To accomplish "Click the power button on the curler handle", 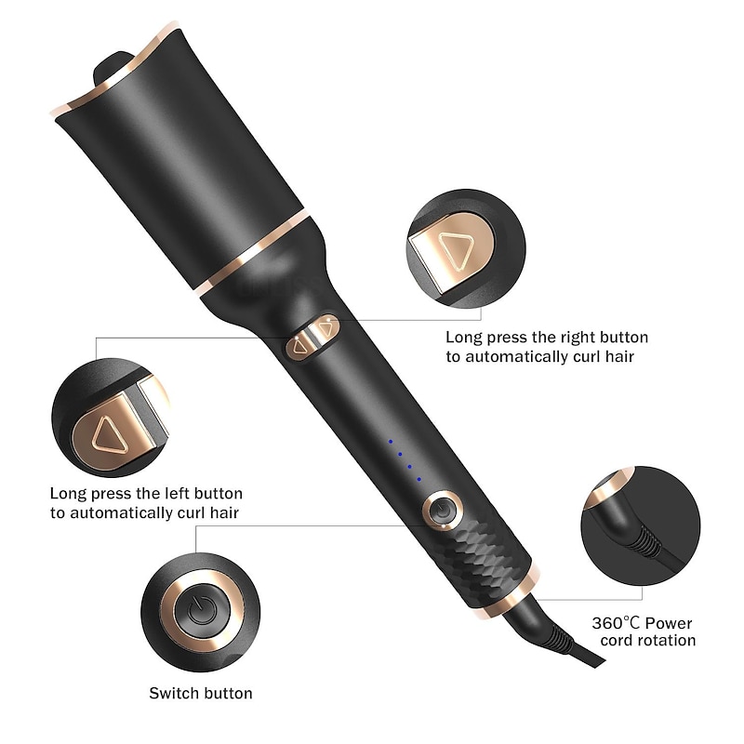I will point(443,510).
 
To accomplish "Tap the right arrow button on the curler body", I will point(325,326).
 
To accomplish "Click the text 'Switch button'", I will point(201,692).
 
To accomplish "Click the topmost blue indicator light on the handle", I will point(391,440).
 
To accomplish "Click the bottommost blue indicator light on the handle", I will point(418,479).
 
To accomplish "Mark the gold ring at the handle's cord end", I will point(517,592).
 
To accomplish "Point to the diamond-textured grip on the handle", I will point(488,549).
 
